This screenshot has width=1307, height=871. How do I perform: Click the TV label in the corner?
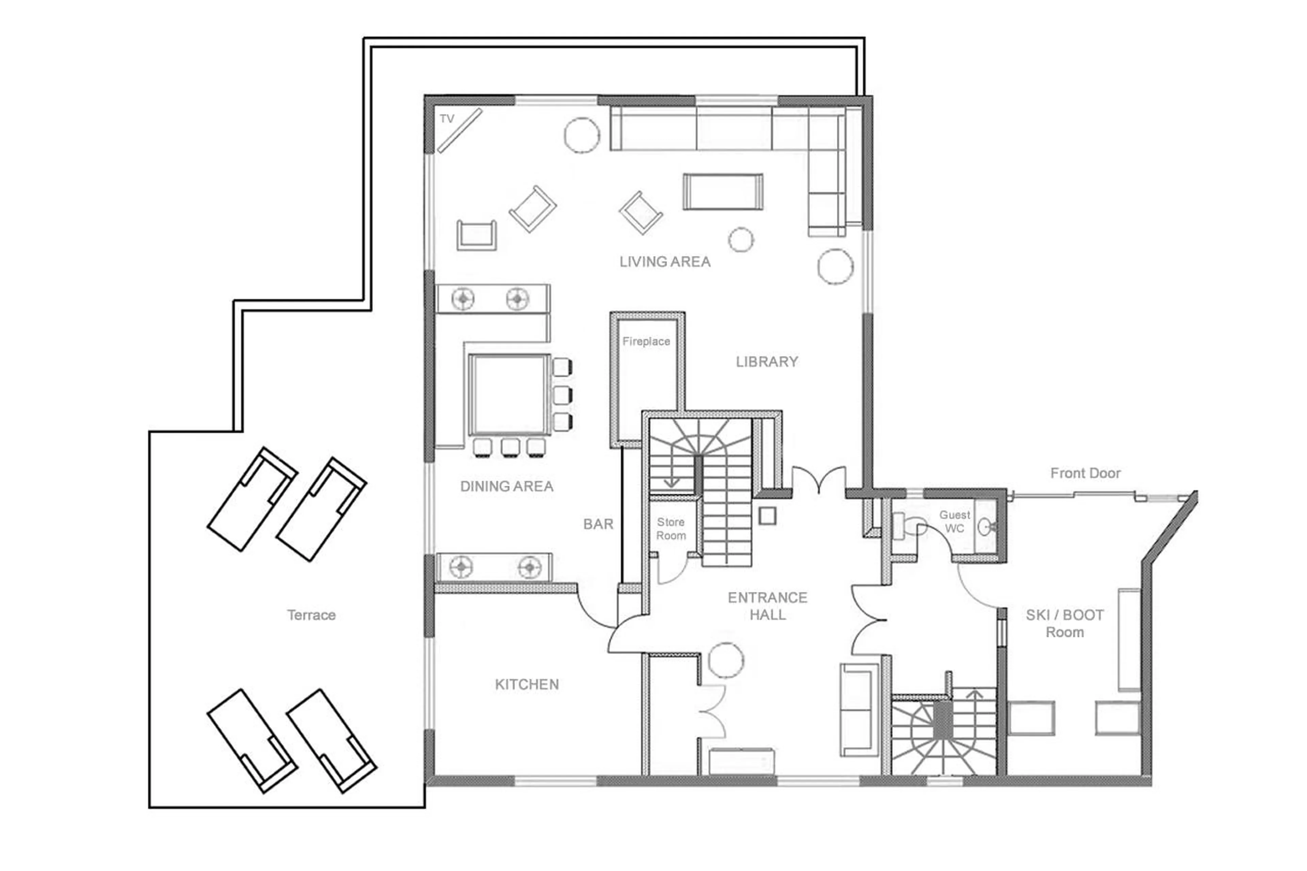pos(447,118)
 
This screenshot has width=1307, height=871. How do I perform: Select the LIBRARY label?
pos(767,361)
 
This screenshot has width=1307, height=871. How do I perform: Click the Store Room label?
pos(671,529)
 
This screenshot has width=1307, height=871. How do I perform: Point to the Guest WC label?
pos(954,521)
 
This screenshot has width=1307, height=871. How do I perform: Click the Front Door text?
pos(1085,473)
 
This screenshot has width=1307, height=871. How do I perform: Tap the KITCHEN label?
pos(527,684)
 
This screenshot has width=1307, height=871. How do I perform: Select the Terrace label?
pos(311,615)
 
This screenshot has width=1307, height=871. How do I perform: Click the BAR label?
pos(598,524)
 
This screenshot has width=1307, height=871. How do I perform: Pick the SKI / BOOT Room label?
pos(1064,623)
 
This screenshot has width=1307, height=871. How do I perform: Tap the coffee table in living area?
pos(722,192)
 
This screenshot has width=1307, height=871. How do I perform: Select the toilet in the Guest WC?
pos(905,526)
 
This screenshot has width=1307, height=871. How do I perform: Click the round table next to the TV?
pos(582,135)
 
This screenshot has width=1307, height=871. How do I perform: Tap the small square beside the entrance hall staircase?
pos(767,516)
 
